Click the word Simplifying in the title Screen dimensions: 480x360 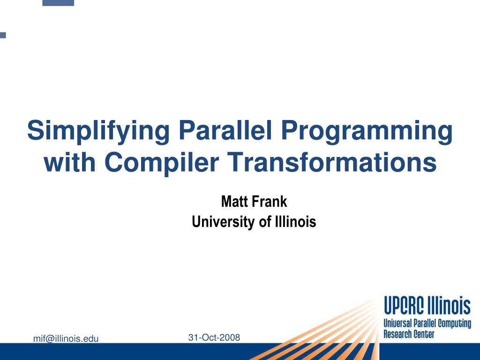(98, 132)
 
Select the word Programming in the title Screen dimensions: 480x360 (367, 132)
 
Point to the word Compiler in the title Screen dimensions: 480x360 (162, 163)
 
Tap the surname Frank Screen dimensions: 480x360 (270, 202)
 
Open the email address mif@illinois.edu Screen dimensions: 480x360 (66, 338)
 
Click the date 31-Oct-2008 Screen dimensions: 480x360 (214, 337)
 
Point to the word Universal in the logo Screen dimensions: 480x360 (397, 323)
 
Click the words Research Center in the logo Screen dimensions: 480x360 (409, 334)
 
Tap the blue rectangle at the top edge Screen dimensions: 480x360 (58, 3)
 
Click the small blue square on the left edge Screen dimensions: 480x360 (3, 35)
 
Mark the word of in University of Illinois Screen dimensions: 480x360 (265, 222)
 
